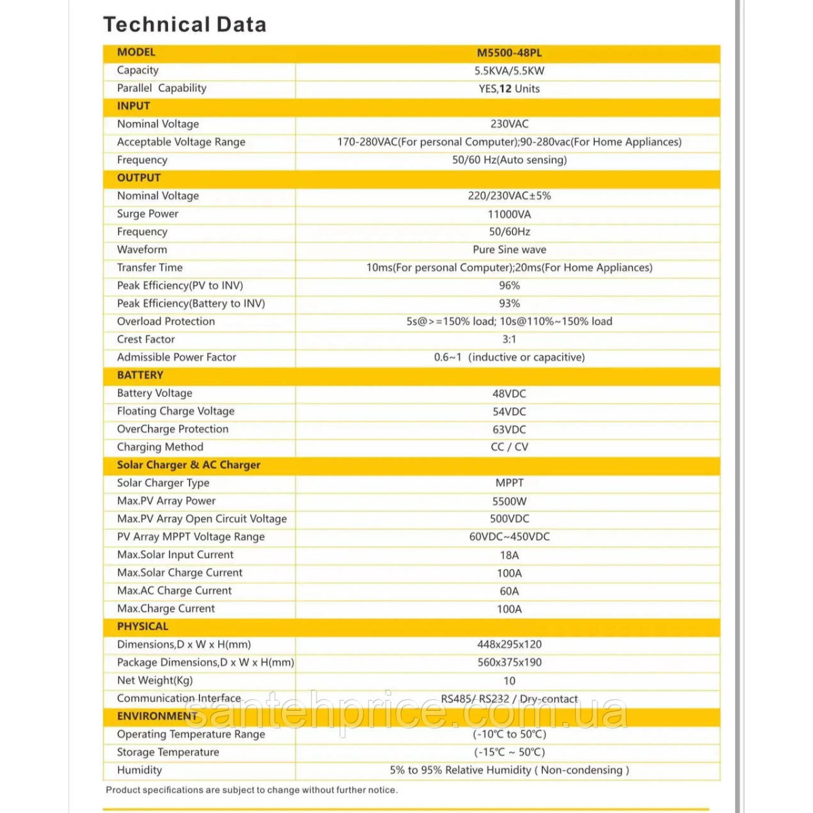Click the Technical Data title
click(184, 25)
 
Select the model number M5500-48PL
click(509, 53)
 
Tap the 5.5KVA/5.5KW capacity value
click(509, 70)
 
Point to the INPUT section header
click(133, 106)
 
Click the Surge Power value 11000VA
click(509, 214)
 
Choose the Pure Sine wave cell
click(509, 249)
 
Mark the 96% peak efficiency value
click(509, 285)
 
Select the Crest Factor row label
click(146, 339)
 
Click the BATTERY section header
click(140, 375)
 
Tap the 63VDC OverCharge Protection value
click(509, 430)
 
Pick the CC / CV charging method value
click(509, 447)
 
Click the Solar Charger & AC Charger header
click(188, 465)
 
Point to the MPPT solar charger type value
click(509, 483)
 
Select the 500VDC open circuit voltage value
click(509, 519)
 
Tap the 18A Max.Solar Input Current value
click(509, 556)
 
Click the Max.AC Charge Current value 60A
click(509, 591)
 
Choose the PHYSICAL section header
click(142, 627)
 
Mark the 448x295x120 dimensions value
click(509, 644)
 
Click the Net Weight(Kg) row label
click(154, 680)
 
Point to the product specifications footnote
click(251, 790)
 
